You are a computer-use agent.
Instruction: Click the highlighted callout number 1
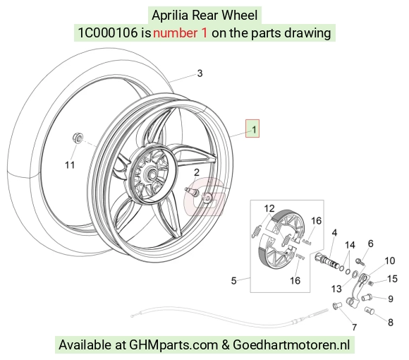254,129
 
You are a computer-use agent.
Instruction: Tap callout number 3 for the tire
200,73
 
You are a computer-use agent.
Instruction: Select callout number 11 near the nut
70,165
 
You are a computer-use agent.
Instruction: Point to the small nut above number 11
78,138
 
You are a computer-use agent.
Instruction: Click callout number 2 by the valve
197,172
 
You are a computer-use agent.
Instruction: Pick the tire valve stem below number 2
192,192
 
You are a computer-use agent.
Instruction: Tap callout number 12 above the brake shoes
269,208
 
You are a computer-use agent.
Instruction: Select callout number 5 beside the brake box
233,281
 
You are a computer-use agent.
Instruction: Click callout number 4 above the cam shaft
334,233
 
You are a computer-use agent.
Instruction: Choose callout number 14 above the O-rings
350,245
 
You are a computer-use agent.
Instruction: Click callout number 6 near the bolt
370,244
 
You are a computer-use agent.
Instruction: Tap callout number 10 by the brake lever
390,260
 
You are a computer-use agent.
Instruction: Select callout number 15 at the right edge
392,279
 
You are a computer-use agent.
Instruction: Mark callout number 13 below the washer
336,289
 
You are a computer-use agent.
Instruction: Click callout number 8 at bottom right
390,323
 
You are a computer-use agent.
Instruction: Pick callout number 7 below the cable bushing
354,327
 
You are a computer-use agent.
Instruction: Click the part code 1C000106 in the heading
108,33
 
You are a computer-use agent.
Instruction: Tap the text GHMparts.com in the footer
173,345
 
